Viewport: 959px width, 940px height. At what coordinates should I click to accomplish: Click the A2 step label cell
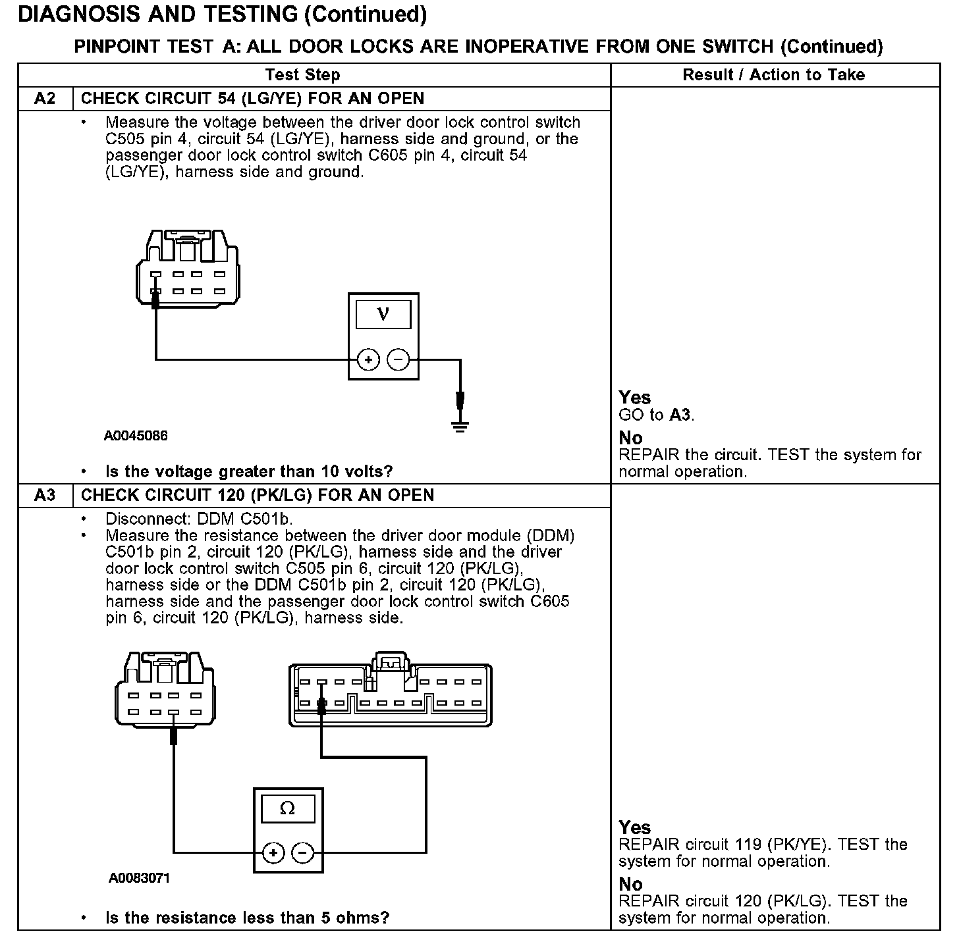coord(45,99)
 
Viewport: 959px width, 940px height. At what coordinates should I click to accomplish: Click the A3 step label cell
coord(45,495)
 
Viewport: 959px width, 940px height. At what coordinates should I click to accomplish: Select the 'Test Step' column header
coord(302,75)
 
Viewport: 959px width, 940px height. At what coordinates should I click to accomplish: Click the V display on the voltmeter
coord(383,315)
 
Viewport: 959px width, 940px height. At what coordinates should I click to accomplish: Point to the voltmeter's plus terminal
coord(368,360)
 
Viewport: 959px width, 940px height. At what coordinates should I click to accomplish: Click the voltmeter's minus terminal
coord(398,360)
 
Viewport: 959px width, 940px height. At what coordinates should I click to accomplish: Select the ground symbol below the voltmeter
coord(460,426)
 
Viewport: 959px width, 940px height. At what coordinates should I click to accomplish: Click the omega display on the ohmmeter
coord(288,808)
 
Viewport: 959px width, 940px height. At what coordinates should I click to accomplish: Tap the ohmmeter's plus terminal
coord(273,853)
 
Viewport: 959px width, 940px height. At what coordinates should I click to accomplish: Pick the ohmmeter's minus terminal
coord(302,853)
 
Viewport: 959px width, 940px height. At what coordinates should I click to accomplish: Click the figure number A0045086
coord(136,436)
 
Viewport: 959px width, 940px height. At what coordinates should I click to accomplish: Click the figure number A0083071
coord(140,878)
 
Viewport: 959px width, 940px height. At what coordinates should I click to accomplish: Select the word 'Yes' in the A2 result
coord(634,398)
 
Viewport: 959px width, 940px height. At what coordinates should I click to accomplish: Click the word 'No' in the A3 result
coord(630,884)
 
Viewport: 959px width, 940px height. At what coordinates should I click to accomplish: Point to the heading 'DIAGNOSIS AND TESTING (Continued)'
coord(223,14)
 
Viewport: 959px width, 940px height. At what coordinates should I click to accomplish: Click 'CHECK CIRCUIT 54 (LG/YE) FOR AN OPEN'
coord(252,99)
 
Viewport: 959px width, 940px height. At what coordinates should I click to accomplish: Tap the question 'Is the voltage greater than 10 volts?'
coord(249,471)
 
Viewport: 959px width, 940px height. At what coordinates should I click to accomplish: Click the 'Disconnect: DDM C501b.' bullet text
coord(199,519)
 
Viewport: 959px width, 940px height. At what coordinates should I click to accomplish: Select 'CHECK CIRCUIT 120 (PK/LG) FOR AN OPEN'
coord(258,495)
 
